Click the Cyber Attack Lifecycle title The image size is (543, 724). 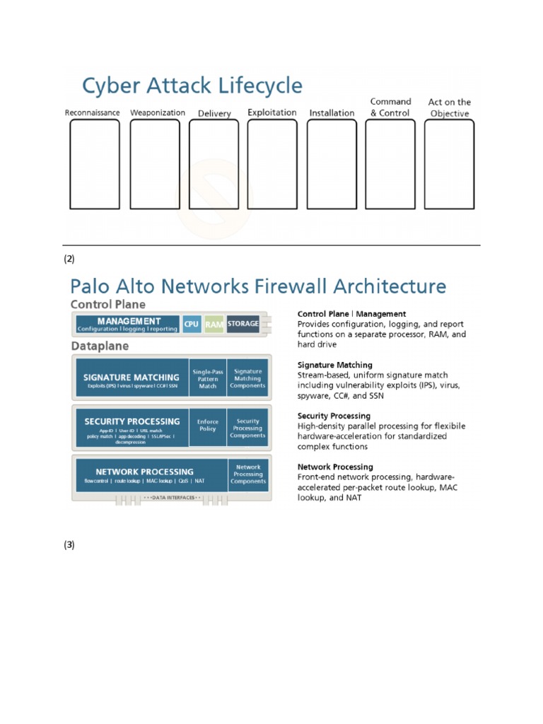192,86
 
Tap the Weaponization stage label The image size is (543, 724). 158,112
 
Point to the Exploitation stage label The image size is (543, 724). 272,112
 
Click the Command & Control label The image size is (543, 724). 390,107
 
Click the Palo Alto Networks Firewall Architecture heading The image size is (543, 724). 258,286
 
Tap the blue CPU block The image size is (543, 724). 192,325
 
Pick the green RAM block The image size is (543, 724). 214,325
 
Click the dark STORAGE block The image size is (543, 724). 243,325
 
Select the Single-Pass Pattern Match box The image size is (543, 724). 208,378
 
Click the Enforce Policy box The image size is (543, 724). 208,425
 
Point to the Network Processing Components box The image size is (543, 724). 248,474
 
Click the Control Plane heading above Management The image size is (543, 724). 107,304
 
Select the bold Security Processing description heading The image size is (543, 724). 334,416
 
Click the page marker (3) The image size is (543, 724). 69,544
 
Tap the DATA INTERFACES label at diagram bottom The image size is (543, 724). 173,498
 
